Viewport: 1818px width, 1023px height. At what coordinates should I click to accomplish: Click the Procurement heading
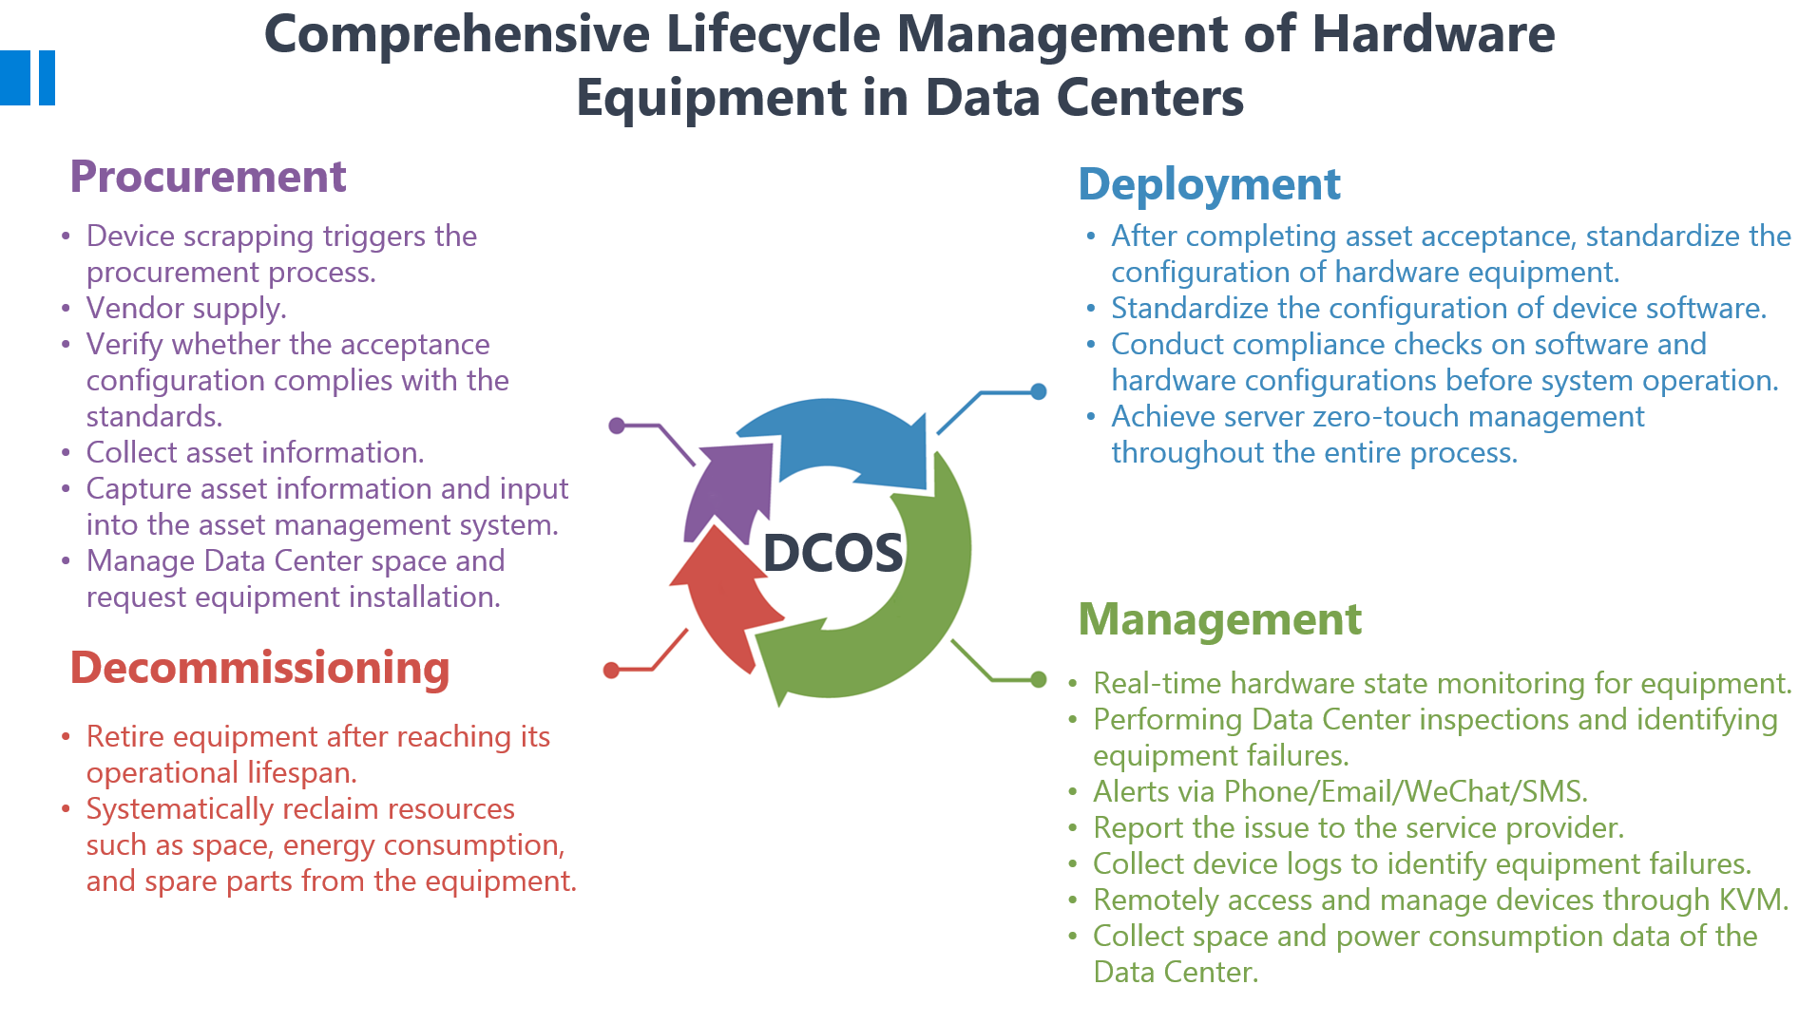pos(208,177)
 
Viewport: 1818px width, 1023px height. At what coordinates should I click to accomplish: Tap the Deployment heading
pos(1209,184)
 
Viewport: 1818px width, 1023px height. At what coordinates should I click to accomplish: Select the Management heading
pos(1220,619)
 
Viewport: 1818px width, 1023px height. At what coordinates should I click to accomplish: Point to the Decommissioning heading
pos(259,668)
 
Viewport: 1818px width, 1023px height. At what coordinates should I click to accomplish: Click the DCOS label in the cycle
pos(832,553)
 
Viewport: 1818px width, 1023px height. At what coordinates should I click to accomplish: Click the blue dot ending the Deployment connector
pos(1039,391)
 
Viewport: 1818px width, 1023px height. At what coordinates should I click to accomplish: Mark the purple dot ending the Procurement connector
pos(617,426)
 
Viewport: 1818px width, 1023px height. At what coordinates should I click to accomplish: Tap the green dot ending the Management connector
pos(1039,679)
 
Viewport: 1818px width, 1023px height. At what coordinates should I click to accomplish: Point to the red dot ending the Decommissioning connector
pos(611,671)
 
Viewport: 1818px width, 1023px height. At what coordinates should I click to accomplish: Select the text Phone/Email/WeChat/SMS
pos(1406,791)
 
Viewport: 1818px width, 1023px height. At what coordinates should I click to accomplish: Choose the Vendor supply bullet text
pos(186,309)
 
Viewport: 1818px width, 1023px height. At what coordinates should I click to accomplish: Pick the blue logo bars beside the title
pos(28,78)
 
